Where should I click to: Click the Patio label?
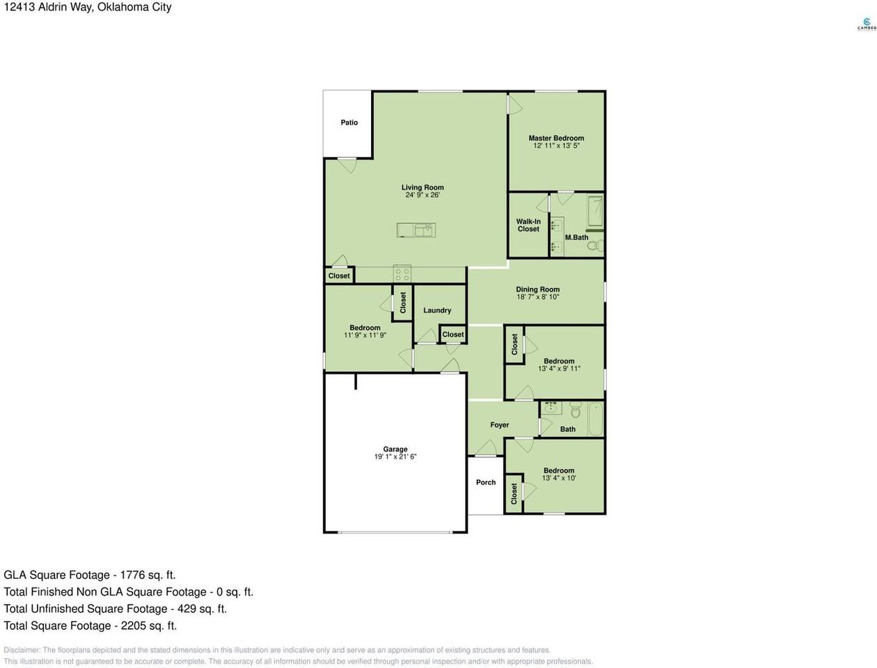(x=349, y=122)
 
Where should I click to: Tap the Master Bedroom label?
(x=556, y=138)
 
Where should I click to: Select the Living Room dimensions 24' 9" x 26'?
(x=422, y=196)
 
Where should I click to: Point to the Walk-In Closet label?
(x=528, y=225)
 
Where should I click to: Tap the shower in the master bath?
(x=595, y=212)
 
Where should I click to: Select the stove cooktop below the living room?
(x=402, y=273)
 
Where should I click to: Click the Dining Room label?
(x=537, y=289)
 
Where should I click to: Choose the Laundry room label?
(x=437, y=310)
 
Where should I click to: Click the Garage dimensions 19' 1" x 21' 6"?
(x=395, y=457)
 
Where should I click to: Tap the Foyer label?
(x=500, y=424)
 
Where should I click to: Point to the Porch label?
(x=486, y=482)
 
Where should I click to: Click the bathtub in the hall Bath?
(x=595, y=419)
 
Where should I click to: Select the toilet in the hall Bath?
(x=575, y=411)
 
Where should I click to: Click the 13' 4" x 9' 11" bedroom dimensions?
(x=559, y=369)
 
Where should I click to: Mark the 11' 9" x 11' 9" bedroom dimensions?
(x=365, y=335)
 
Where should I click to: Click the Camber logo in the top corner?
(x=866, y=24)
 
